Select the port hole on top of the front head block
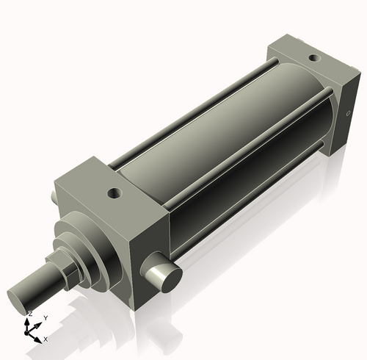(113, 194)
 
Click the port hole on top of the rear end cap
(314, 57)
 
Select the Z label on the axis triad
(29, 314)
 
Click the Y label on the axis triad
(45, 318)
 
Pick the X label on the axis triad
(46, 339)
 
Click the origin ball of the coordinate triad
(30, 331)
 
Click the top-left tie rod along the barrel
(183, 110)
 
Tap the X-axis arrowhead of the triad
(39, 336)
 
